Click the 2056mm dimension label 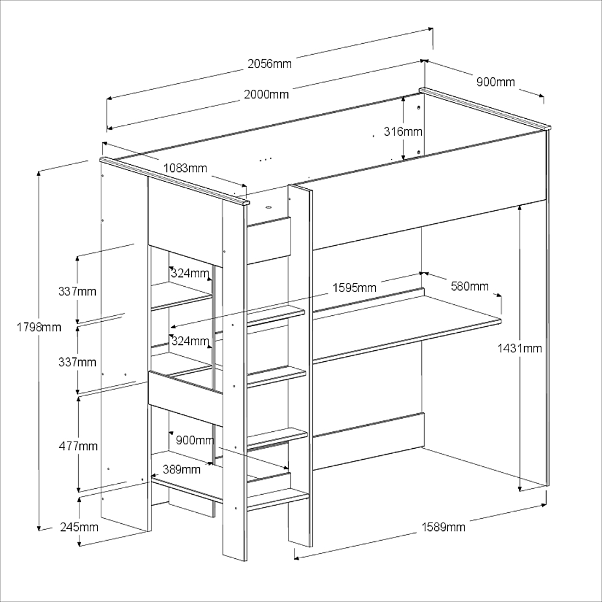click(269, 63)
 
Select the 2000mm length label click(267, 94)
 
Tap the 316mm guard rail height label click(403, 132)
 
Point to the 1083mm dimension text click(185, 168)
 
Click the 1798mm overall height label click(39, 327)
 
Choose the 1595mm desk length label click(355, 287)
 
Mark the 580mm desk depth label click(470, 286)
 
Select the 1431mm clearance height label click(520, 348)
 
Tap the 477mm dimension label click(78, 446)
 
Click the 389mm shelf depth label click(182, 469)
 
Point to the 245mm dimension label click(79, 527)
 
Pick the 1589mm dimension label click(443, 527)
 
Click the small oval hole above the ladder click(268, 208)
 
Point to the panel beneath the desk click(368, 442)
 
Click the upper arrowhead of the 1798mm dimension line click(38, 173)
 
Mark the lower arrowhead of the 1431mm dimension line click(520, 488)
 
